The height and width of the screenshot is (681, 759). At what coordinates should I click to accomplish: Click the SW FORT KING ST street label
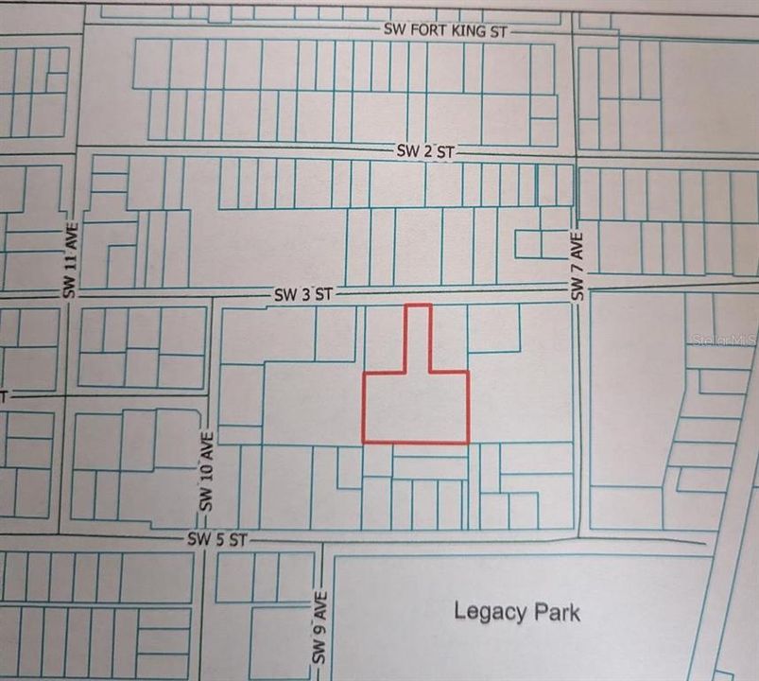446,30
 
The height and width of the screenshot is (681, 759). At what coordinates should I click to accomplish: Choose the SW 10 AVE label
206,473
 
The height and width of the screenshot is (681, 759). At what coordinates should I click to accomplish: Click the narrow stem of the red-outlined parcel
418,337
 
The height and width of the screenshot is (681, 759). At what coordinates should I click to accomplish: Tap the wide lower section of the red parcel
416,407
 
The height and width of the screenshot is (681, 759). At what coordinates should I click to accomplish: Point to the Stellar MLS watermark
724,338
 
